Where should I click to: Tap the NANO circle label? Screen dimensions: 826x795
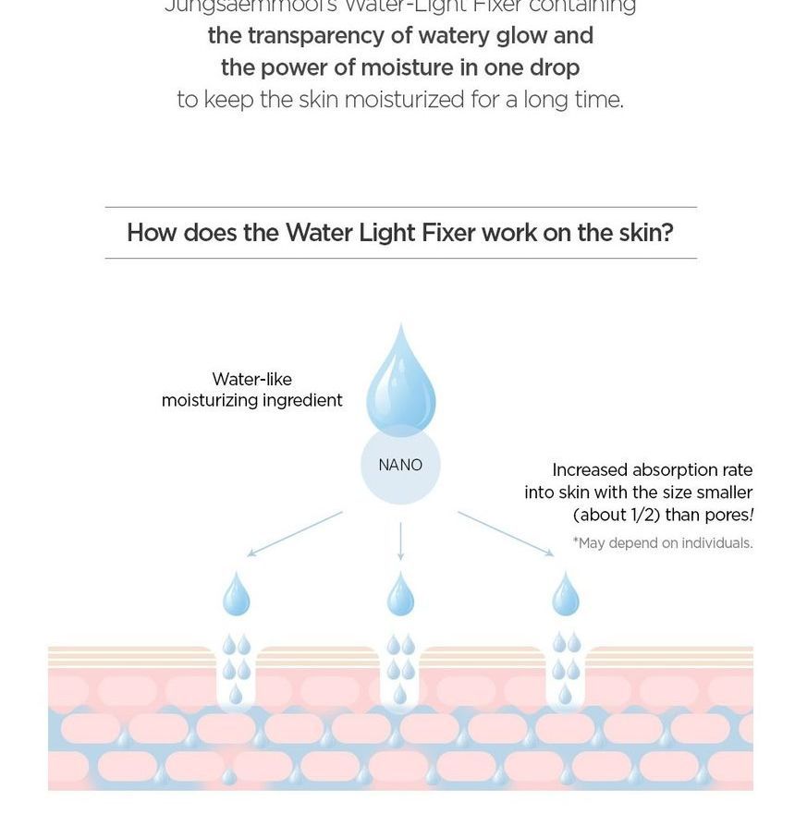click(x=400, y=466)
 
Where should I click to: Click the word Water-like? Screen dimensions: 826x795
click(x=251, y=379)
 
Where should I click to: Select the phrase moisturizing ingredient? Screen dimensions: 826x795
click(x=251, y=400)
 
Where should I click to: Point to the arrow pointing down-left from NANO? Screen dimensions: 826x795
click(x=295, y=534)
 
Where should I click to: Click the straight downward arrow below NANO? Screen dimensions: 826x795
click(x=400, y=541)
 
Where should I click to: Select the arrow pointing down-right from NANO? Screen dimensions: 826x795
click(x=506, y=534)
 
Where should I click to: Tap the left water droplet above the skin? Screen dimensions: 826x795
click(x=237, y=595)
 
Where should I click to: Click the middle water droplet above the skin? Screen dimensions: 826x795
click(x=400, y=595)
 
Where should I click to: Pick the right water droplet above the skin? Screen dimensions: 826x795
click(x=566, y=595)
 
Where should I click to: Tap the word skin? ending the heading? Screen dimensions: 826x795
click(x=645, y=233)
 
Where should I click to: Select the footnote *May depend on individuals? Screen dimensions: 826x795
click(x=663, y=543)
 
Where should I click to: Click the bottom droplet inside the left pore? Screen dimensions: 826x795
click(x=236, y=695)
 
